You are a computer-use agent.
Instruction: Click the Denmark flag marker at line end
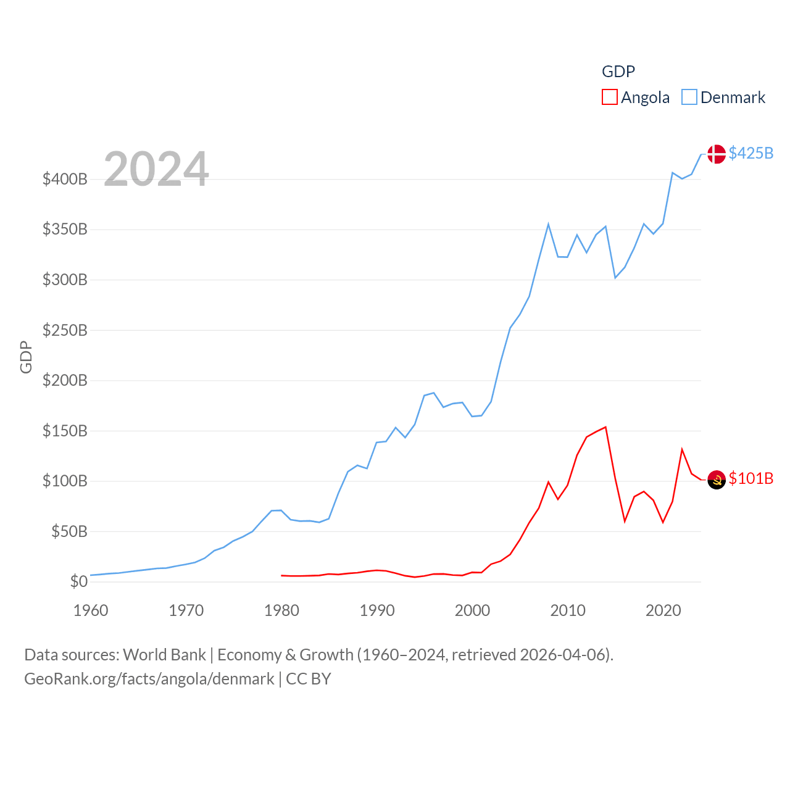coord(716,154)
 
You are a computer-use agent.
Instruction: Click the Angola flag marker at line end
coord(716,480)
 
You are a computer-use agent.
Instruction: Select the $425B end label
coord(750,153)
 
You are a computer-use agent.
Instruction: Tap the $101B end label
coord(750,479)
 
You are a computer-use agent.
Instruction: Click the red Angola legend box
coord(609,98)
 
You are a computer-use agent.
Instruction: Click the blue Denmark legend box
coord(689,98)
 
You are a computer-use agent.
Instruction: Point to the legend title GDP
coord(618,72)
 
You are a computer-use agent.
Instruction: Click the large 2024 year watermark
coord(156,169)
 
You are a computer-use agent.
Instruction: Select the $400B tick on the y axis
coord(65,180)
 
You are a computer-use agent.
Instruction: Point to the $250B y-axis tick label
coord(65,330)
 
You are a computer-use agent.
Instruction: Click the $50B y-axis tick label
coord(69,531)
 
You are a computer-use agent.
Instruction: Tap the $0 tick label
coord(78,581)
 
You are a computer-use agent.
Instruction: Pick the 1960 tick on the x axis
coord(91,610)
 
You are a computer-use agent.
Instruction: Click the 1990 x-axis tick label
coord(377,610)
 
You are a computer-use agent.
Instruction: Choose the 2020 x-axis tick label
coord(663,610)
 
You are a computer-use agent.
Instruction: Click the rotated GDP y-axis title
coord(26,357)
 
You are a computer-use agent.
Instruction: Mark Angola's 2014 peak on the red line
coord(605,427)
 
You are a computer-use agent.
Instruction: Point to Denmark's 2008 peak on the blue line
coord(548,225)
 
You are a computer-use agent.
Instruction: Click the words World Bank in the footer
coord(164,654)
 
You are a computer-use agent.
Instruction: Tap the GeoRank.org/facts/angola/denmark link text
coord(149,679)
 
